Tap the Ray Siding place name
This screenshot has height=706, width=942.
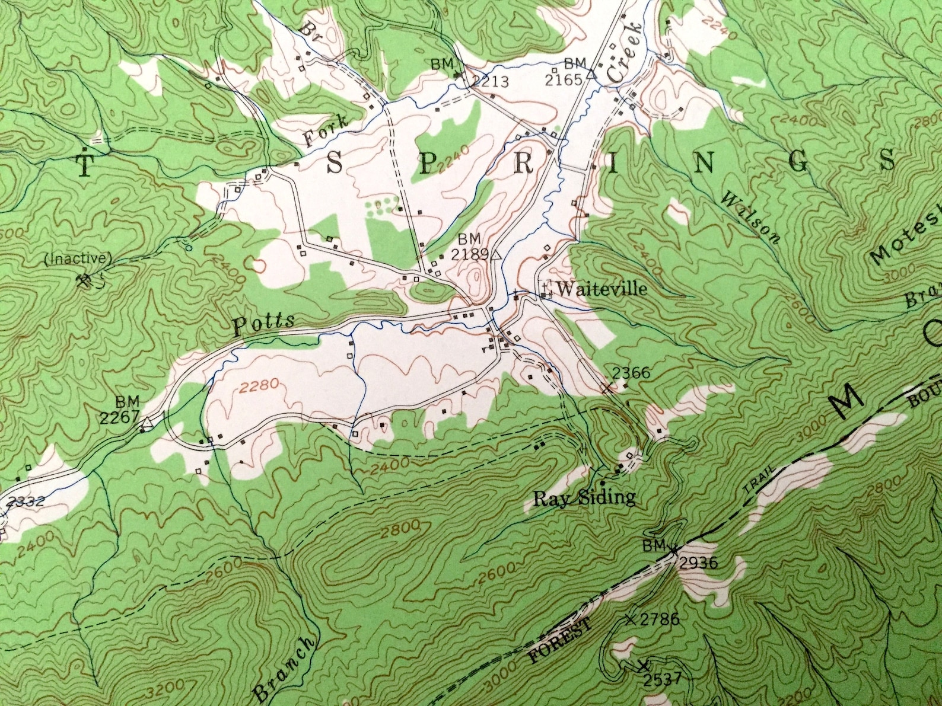click(584, 498)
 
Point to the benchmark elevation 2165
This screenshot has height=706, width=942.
click(566, 79)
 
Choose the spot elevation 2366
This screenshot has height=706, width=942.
click(631, 373)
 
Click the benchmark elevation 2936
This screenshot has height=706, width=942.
click(698, 563)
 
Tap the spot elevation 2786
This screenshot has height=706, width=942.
click(659, 620)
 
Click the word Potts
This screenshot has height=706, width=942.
click(263, 324)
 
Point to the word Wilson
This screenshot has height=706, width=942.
click(749, 218)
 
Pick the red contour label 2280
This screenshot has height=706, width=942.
click(259, 386)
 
